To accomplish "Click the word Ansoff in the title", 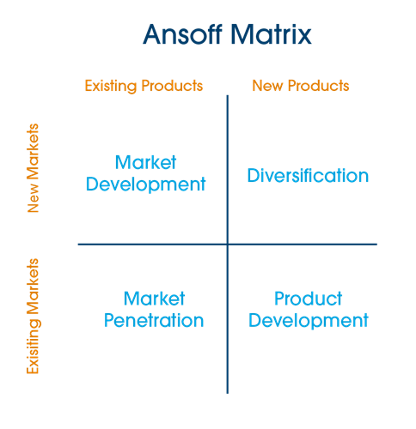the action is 182,34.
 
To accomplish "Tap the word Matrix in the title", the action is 271,34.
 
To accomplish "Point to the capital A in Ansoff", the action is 153,34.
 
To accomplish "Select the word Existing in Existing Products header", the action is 111,86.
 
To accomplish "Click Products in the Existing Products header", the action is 172,86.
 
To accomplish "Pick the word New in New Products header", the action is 267,86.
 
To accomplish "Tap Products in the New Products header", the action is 318,86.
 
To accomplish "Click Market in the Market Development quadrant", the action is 145,162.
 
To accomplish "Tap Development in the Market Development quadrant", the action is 146,184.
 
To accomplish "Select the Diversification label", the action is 308,175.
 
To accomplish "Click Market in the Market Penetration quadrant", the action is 154,299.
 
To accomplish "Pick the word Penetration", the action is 154,320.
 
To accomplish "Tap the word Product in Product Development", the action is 309,299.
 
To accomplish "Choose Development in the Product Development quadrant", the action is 309,321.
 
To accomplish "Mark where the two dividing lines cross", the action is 228,245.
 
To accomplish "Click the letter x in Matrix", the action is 304,37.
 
